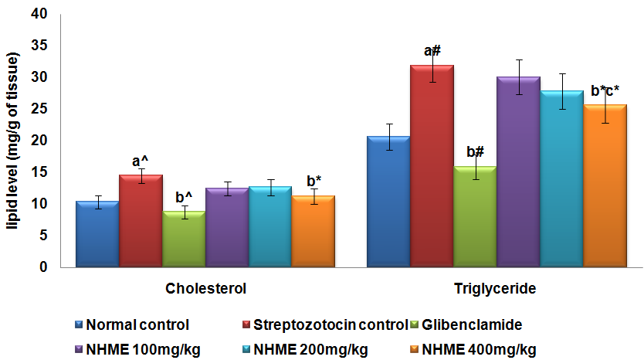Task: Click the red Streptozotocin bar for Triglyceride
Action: pyautogui.click(x=432, y=166)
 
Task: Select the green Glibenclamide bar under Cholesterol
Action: pyautogui.click(x=183, y=239)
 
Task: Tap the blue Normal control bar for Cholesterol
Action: pyautogui.click(x=97, y=234)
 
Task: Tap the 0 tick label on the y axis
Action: pyautogui.click(x=42, y=267)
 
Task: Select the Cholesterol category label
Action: pyautogui.click(x=205, y=289)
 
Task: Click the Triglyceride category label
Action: pyautogui.click(x=496, y=289)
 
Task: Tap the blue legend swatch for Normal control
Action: pyautogui.click(x=79, y=324)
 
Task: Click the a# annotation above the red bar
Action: pyautogui.click(x=432, y=51)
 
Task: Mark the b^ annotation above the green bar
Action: pyautogui.click(x=183, y=196)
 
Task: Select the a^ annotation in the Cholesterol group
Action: pyautogui.click(x=141, y=161)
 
